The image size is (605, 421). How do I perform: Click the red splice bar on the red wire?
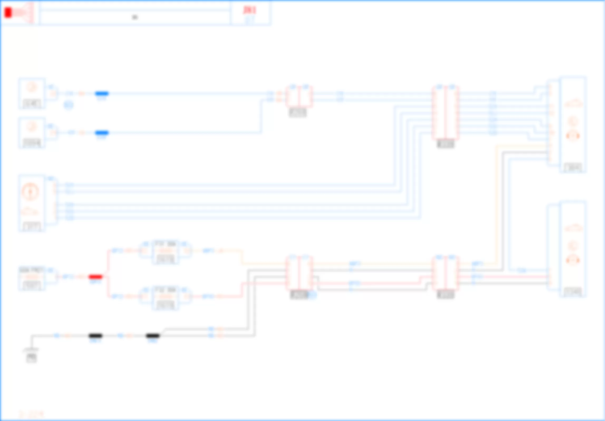95,277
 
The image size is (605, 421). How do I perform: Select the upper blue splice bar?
102,93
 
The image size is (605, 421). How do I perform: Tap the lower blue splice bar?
102,133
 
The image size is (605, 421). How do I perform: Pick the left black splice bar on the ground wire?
95,336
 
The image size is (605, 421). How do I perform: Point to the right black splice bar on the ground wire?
153,336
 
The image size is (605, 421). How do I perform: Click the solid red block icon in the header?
8,13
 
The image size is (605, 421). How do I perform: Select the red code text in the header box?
249,10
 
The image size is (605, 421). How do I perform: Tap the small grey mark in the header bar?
135,17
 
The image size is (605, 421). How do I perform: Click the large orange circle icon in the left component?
30,191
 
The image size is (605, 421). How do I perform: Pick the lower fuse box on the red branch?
165,298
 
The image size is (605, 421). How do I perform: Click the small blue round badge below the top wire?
69,105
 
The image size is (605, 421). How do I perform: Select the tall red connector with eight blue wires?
445,113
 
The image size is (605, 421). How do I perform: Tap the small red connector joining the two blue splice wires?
299,96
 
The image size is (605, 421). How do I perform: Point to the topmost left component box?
32,93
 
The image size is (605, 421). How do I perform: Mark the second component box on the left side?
32,133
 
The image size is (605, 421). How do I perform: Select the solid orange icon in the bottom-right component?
573,261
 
